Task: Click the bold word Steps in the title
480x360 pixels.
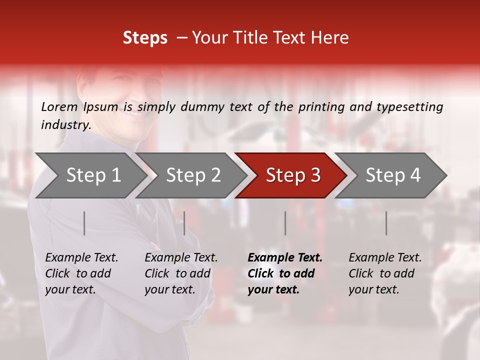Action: tap(145, 38)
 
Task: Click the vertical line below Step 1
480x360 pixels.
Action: tap(84, 223)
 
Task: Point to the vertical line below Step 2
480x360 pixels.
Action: tap(184, 223)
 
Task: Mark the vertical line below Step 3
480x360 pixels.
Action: tap(285, 223)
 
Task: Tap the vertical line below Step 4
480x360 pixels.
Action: tap(386, 223)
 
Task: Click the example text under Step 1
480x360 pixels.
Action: tap(81, 273)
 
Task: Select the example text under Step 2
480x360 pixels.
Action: tap(181, 273)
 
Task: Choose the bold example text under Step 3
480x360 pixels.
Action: tap(285, 273)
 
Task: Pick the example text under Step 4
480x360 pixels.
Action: tap(385, 273)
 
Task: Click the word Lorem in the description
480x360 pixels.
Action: tap(59, 106)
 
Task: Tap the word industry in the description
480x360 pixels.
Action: tap(65, 125)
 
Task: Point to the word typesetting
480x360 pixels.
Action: tap(409, 106)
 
